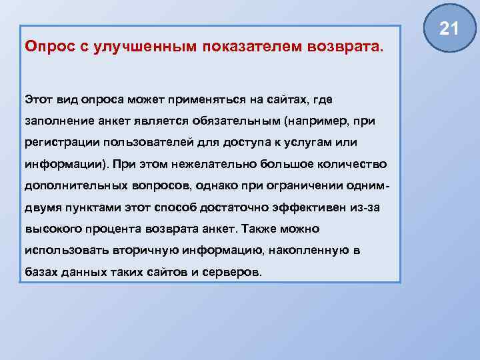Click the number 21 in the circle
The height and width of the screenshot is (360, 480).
pos(449,29)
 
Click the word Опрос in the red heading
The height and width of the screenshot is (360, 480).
pos(46,47)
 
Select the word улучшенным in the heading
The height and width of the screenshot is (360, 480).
pos(134,47)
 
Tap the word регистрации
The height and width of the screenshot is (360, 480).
pos(58,142)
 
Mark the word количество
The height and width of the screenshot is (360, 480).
pos(346,164)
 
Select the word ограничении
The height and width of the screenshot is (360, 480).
pos(305,186)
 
